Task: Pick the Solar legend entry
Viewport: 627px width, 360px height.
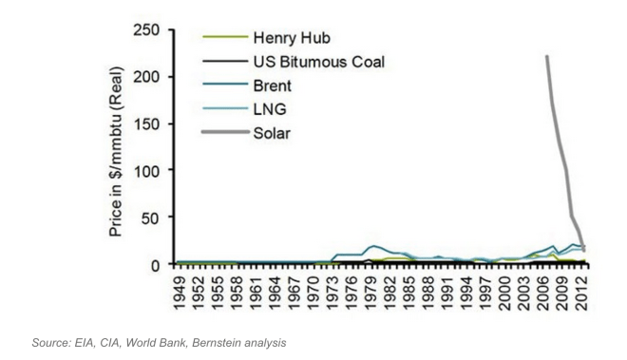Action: [274, 131]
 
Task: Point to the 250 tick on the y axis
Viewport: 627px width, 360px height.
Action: [144, 30]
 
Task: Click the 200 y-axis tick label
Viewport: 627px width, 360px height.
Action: [144, 77]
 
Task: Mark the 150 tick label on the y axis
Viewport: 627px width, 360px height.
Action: [144, 123]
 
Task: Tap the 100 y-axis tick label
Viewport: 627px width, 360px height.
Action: [144, 170]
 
